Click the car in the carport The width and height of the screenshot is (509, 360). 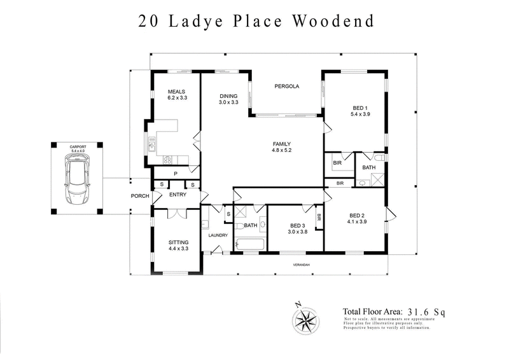pyautogui.click(x=76, y=183)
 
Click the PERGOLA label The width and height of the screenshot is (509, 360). pyautogui.click(x=286, y=87)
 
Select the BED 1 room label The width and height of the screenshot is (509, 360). pyautogui.click(x=359, y=107)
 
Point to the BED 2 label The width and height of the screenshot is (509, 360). pyautogui.click(x=357, y=215)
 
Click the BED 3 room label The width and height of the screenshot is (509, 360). pyautogui.click(x=298, y=226)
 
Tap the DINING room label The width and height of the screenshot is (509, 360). pyautogui.click(x=228, y=96)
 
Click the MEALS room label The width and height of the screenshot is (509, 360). pyautogui.click(x=176, y=92)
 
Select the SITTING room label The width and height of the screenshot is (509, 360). pyautogui.click(x=179, y=242)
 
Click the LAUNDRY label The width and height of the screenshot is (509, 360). pyautogui.click(x=218, y=236)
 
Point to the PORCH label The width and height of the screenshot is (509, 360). pyautogui.click(x=140, y=196)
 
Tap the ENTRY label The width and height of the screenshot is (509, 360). pyautogui.click(x=178, y=195)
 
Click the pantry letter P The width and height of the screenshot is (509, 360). pyautogui.click(x=176, y=173)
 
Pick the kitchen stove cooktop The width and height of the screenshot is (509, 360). pyautogui.click(x=169, y=160)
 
